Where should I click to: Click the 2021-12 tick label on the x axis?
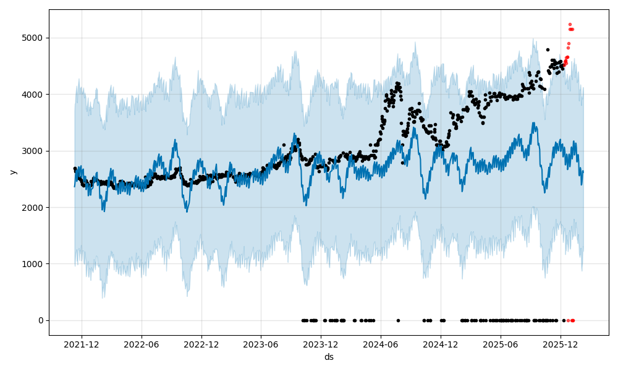pos(82,344)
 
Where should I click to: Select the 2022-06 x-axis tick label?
pos(142,344)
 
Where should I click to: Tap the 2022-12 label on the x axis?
pos(202,344)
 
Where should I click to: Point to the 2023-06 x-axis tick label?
pos(261,344)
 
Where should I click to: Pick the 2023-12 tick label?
pos(321,344)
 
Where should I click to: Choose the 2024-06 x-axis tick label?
pos(381,344)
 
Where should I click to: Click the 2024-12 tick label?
pos(441,344)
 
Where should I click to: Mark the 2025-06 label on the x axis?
pos(500,344)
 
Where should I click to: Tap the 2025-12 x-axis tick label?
pos(561,344)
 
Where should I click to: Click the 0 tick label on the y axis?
pos(41,320)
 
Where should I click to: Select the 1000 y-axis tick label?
pos(33,264)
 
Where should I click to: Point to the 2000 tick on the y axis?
pos(33,208)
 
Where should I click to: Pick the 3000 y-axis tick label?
pos(33,151)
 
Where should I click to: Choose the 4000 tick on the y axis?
pos(33,95)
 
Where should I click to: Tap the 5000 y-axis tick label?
pos(33,38)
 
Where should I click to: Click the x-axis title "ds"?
pos(329,357)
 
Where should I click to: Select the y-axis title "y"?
pos(12,172)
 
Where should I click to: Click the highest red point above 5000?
pos(570,25)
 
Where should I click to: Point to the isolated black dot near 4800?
pos(548,49)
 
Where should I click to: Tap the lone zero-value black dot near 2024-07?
pos(398,320)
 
